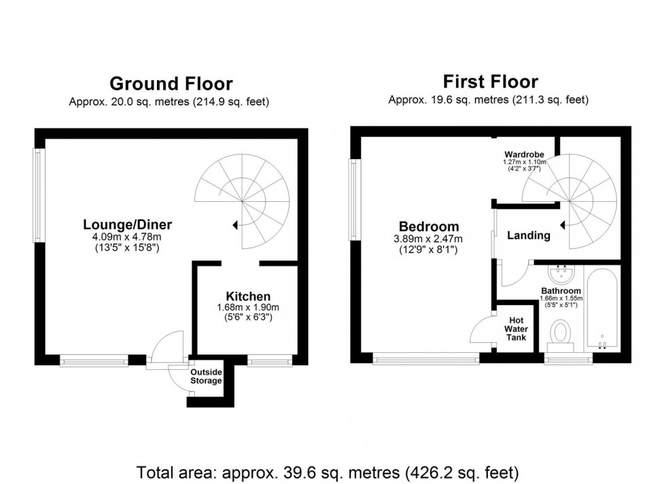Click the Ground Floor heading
coord(171,84)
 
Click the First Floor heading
coord(490,82)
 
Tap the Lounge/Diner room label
coord(128,224)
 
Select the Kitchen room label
coord(248,296)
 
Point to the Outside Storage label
coord(206,377)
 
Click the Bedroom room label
coord(428,226)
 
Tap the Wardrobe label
coord(522,154)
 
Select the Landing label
coord(529,235)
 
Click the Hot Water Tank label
coord(516,328)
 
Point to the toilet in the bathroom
coord(561,333)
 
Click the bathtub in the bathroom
coord(602,309)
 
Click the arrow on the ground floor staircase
coord(235,224)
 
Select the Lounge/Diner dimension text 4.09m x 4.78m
coord(128,237)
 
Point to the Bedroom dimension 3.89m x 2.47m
coord(428,239)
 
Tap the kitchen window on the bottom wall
coord(260,361)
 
